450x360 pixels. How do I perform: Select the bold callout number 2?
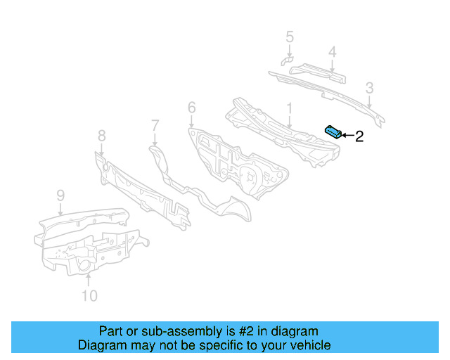tap(359, 136)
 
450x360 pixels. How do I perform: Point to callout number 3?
tap(369, 88)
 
